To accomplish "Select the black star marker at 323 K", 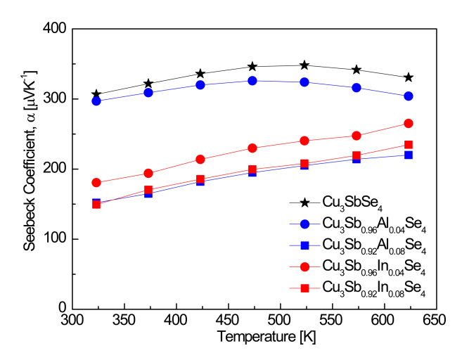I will tap(96, 94).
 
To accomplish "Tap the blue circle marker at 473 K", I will tap(252, 81).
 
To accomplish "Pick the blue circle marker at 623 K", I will tap(409, 96).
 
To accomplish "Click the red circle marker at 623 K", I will tap(409, 124).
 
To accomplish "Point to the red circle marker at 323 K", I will tap(96, 183).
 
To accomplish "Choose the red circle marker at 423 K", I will tap(200, 160).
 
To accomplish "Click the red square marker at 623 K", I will tap(409, 145).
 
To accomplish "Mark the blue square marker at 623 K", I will tap(409, 155).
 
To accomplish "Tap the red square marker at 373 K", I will tap(148, 190).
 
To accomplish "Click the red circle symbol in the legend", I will tap(305, 266).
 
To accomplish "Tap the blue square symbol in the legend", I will tap(305, 245).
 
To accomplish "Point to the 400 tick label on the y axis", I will tap(56, 30).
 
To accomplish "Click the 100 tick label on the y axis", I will tap(56, 239).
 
